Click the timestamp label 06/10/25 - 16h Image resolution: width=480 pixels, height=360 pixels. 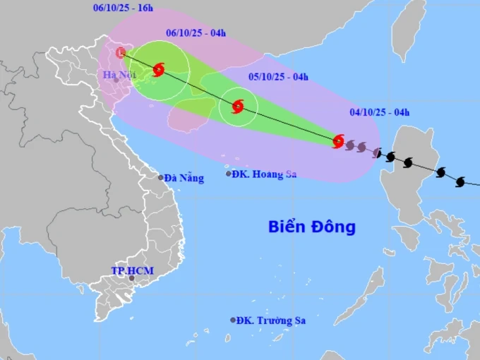pyautogui.click(x=124, y=8)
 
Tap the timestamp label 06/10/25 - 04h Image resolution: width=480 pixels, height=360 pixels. pyautogui.click(x=196, y=32)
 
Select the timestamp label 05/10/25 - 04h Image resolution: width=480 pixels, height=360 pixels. pyautogui.click(x=278, y=77)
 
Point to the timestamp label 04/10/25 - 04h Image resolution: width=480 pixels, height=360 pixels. pyautogui.click(x=380, y=112)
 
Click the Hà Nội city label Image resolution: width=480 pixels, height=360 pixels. pyautogui.click(x=118, y=74)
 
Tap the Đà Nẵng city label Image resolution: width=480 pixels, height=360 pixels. pyautogui.click(x=184, y=179)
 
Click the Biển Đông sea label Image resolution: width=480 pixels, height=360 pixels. pyautogui.click(x=311, y=227)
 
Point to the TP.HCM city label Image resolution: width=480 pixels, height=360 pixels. pyautogui.click(x=132, y=270)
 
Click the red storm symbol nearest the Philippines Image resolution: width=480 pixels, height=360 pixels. pyautogui.click(x=338, y=141)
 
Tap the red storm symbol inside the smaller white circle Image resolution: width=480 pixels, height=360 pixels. pyautogui.click(x=238, y=107)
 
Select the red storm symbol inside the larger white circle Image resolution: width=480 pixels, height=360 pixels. pyautogui.click(x=159, y=69)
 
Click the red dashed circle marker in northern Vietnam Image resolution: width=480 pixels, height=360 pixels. pyautogui.click(x=121, y=52)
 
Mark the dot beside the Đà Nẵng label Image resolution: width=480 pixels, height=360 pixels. pyautogui.click(x=161, y=178)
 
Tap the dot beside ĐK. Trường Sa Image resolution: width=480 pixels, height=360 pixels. pyautogui.click(x=233, y=320)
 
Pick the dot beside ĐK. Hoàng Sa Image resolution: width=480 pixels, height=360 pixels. pyautogui.click(x=229, y=174)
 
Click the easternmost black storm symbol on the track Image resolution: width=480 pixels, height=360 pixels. pyautogui.click(x=460, y=182)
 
